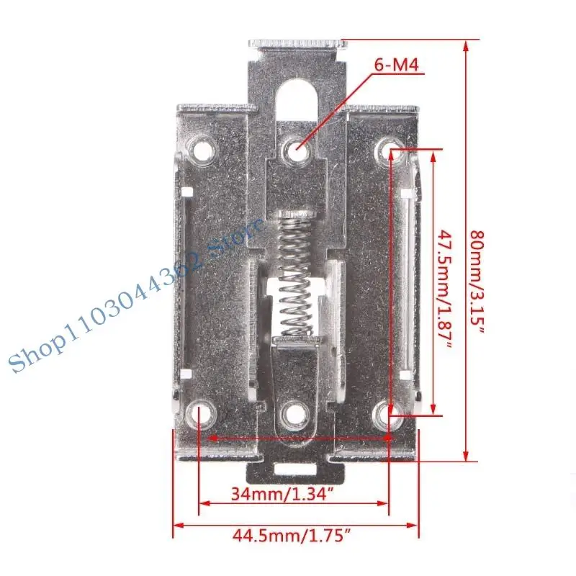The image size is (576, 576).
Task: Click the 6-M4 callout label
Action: tap(396, 66)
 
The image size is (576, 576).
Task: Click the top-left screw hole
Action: tap(199, 149)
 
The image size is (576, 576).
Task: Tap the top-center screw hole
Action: tap(295, 149)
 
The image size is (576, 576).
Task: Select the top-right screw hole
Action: tap(390, 150)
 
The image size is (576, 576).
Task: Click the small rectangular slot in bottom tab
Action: tap(294, 472)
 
